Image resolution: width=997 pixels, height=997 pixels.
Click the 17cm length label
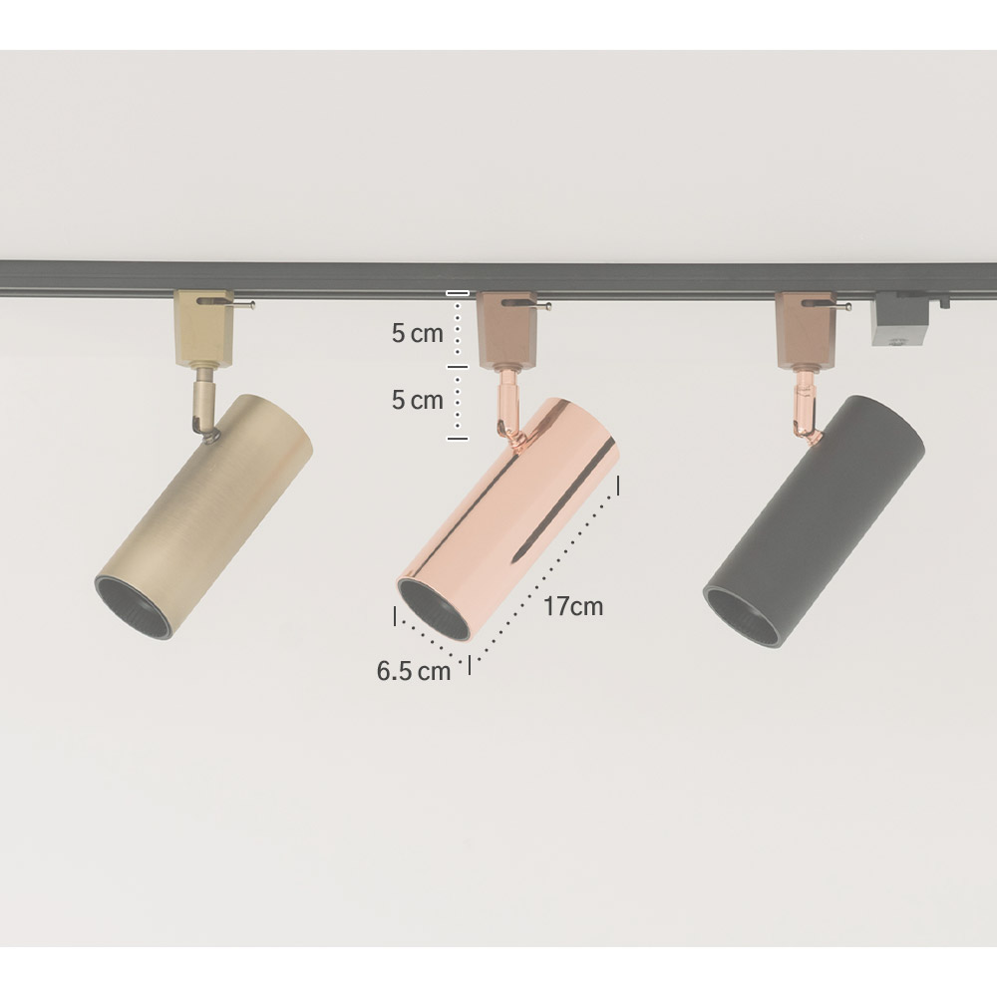click(x=573, y=606)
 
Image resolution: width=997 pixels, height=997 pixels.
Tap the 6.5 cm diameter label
click(x=414, y=671)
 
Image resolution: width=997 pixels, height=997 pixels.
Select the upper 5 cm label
click(x=417, y=333)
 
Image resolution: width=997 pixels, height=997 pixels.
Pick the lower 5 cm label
click(x=417, y=400)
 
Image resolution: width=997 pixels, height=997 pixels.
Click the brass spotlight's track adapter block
click(x=204, y=329)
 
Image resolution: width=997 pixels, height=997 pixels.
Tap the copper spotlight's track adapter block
click(x=506, y=330)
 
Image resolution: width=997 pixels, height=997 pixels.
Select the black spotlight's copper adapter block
click(x=805, y=330)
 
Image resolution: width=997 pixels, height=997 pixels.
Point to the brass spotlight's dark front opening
click(x=134, y=606)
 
